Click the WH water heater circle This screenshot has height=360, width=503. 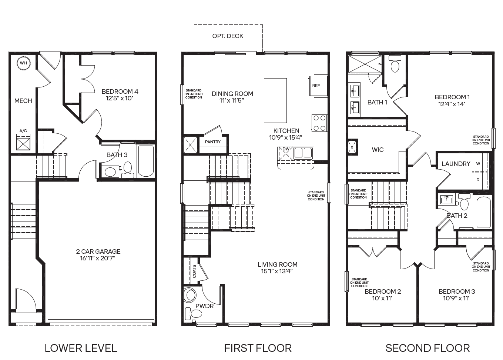coord(23,63)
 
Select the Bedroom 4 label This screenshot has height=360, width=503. coord(120,91)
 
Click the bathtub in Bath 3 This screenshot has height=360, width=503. coord(146,161)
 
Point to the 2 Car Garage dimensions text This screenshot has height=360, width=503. coord(98,258)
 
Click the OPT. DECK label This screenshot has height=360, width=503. coord(228,36)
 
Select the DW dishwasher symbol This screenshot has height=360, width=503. coord(286,153)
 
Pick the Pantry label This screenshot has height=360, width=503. coord(212,142)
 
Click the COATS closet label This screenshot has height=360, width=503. coord(194,271)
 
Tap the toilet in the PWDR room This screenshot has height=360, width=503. coord(190,295)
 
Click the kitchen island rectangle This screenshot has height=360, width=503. coord(275,100)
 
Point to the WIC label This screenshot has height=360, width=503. coord(378,150)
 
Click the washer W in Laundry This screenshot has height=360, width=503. coord(478,164)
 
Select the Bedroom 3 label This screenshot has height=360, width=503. coord(456,291)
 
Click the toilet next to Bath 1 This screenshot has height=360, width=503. coord(395,66)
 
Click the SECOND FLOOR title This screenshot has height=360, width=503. coord(427,348)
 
